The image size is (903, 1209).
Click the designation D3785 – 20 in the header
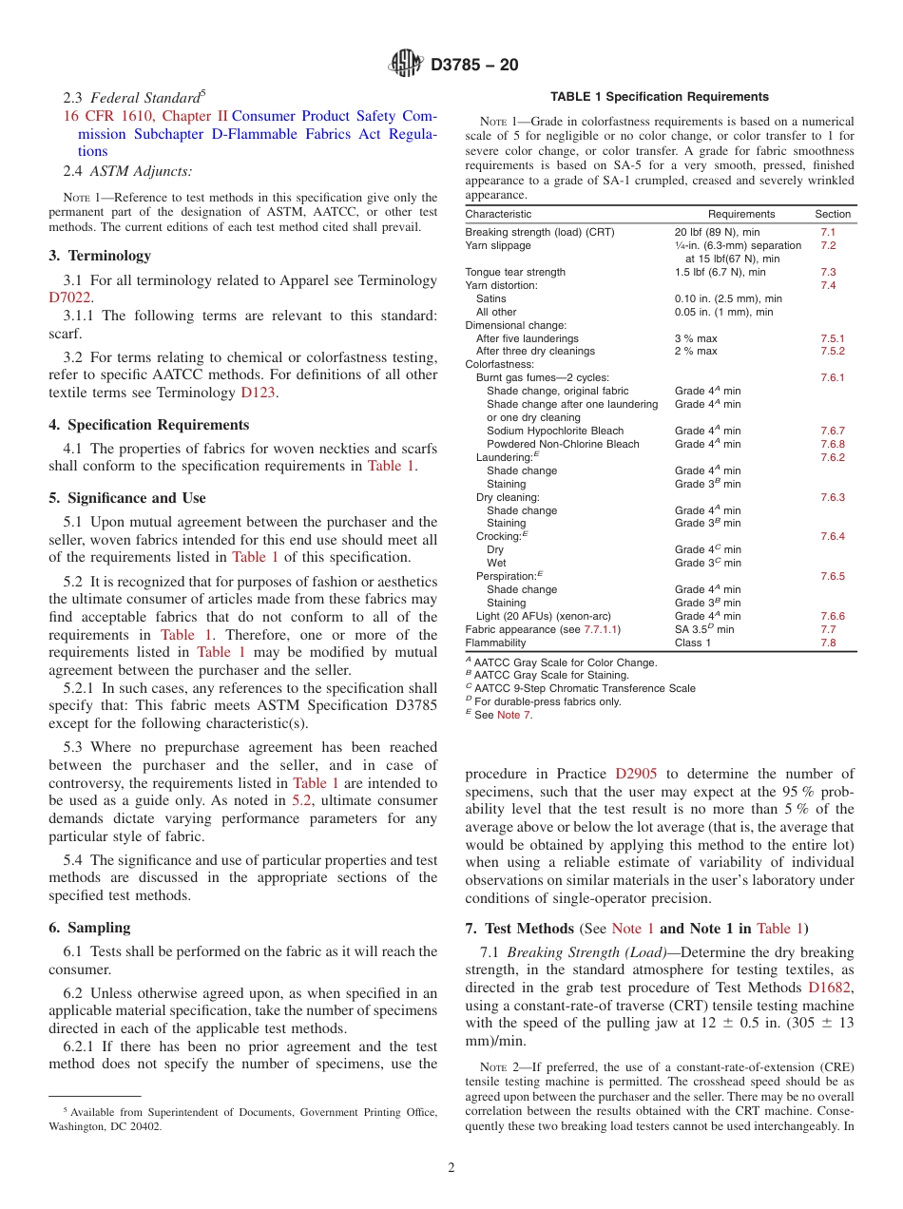(x=474, y=66)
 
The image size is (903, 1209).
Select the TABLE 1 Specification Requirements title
(x=660, y=97)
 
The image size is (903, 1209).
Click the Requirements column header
(x=741, y=214)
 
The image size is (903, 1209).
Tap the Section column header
(x=833, y=214)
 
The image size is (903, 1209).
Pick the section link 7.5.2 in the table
(x=832, y=352)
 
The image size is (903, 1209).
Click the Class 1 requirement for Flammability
(x=692, y=643)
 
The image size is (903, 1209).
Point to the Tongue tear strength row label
(x=514, y=272)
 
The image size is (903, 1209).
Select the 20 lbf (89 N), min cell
(x=716, y=232)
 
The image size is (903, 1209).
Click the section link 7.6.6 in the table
(x=832, y=617)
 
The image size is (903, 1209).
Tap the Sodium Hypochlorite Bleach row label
(x=555, y=431)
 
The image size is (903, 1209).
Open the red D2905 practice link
(x=635, y=774)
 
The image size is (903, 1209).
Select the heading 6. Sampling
(x=89, y=928)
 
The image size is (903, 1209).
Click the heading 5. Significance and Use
(x=126, y=498)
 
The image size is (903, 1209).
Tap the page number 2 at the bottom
(x=451, y=1168)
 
